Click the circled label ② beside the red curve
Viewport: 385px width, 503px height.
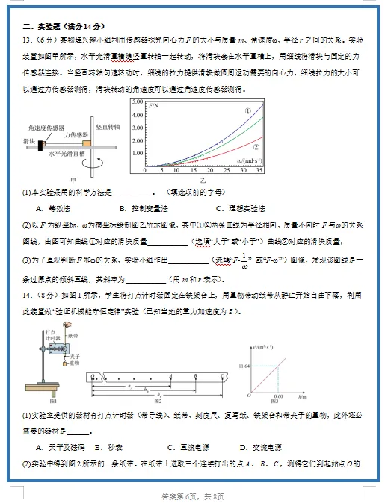(256, 147)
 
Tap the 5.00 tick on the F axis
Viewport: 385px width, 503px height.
(136, 100)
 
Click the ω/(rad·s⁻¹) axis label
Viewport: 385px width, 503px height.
(250, 160)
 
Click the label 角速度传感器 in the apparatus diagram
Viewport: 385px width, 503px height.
(45, 128)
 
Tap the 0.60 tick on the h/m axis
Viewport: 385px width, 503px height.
(278, 396)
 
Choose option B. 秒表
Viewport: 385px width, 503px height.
(114, 447)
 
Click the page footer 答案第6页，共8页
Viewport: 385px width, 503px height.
(192, 496)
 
